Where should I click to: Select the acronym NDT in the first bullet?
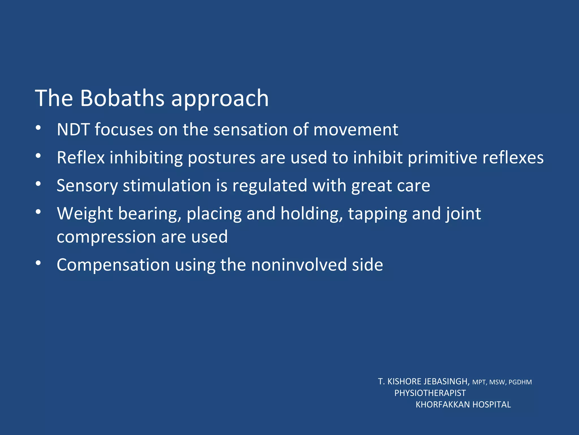point(73,129)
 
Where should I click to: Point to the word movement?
point(356,129)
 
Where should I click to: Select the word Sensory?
point(87,186)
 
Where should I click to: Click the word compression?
point(106,237)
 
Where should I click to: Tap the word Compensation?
point(113,265)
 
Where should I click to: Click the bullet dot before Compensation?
point(38,263)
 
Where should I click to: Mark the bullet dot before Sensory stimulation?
point(38,184)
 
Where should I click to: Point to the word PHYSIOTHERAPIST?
point(430,393)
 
